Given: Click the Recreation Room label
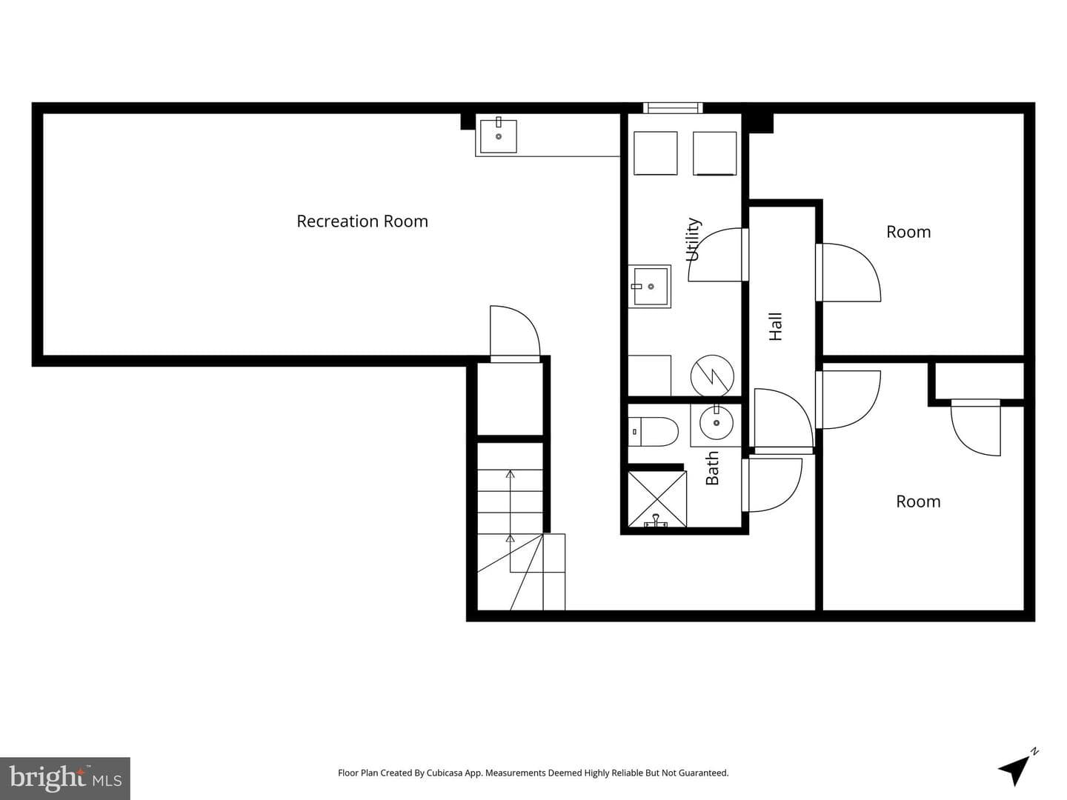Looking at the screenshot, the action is tap(362, 221).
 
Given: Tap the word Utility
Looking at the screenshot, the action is tap(694, 239).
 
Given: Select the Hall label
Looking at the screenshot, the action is tap(775, 327).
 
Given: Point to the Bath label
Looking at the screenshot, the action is tap(712, 468).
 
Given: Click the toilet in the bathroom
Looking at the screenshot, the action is tap(653, 431).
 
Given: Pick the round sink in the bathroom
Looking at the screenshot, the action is tap(716, 423).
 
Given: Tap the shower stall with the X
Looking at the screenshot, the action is tap(657, 499).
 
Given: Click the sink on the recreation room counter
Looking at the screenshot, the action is tap(498, 136).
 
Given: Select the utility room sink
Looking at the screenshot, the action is tap(649, 287).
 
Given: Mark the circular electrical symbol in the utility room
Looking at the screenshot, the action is tap(712, 376).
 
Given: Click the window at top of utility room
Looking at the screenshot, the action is tap(673, 107).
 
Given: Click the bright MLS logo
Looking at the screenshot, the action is tap(65, 778).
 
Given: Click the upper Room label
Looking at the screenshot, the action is tap(908, 232).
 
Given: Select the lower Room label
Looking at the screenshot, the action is tap(918, 501).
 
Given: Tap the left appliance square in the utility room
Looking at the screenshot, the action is tap(655, 153).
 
